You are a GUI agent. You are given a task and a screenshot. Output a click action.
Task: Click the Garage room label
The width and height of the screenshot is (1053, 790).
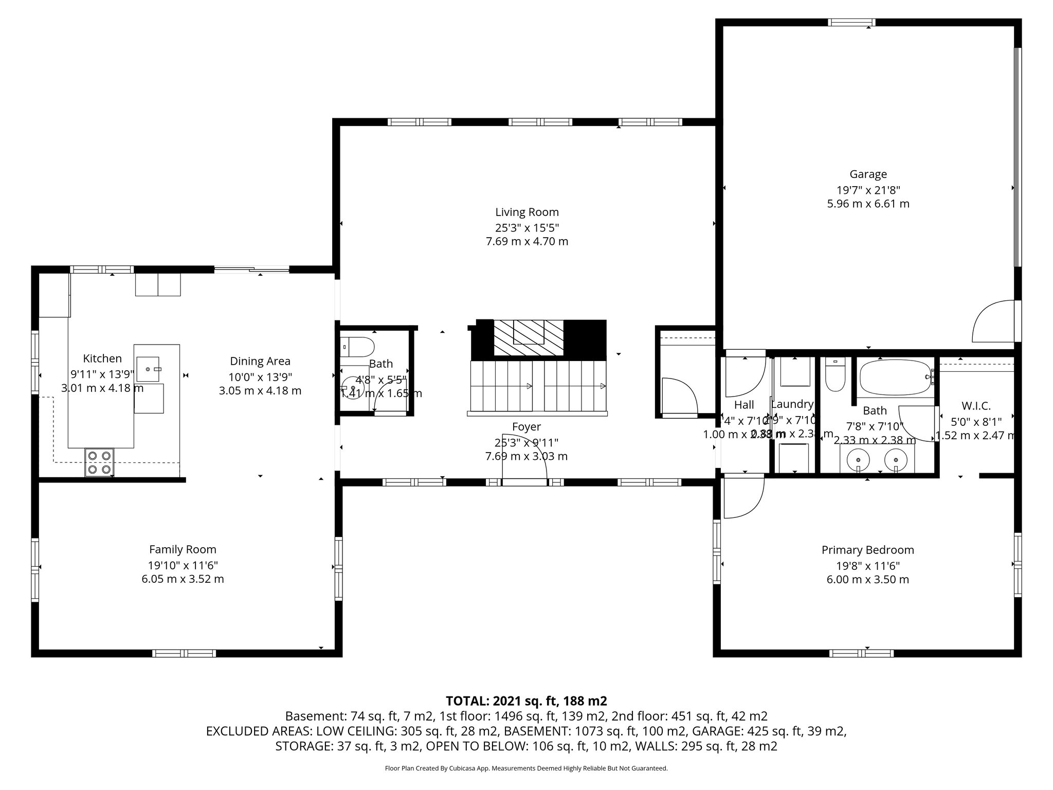[868, 174]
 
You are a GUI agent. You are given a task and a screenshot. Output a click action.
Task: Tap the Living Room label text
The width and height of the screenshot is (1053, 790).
[526, 212]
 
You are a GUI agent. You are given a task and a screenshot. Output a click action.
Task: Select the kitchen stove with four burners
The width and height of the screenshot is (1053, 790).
[100, 462]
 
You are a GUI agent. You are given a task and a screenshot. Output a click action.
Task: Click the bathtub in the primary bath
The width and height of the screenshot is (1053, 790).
[895, 377]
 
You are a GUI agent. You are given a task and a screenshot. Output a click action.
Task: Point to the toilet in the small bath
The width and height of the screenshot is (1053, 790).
[358, 347]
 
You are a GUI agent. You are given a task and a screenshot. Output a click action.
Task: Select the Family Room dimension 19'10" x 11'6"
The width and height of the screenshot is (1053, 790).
[183, 565]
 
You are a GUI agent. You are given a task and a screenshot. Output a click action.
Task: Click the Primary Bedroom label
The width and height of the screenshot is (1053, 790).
[867, 550]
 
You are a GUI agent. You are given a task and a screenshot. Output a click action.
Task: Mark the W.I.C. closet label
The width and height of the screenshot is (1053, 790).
[975, 406]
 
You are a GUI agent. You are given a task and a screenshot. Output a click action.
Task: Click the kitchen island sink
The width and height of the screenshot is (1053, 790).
[148, 369]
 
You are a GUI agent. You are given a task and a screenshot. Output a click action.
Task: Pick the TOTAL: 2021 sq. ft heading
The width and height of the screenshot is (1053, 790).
[526, 701]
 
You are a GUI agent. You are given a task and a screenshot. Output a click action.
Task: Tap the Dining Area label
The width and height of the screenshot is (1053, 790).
[260, 361]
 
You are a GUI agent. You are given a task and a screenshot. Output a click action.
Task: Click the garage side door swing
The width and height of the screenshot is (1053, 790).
[994, 322]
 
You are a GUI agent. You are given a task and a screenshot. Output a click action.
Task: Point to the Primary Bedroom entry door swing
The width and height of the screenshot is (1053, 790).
[742, 497]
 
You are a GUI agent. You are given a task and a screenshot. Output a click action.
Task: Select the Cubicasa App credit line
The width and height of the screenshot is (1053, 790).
[526, 768]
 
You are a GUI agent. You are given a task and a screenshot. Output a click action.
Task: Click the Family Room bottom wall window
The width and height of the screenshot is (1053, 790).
[184, 653]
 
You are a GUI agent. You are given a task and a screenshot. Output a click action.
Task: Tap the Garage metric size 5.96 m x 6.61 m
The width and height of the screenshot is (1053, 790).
[868, 204]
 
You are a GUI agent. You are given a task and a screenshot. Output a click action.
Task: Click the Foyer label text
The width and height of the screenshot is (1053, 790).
[526, 426]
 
